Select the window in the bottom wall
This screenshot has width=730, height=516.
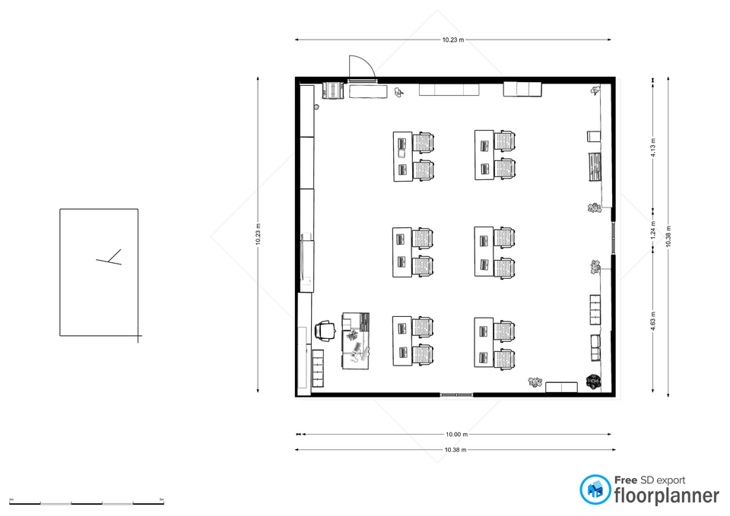pyautogui.click(x=456, y=394)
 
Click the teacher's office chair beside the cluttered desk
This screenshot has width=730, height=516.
pyautogui.click(x=325, y=331)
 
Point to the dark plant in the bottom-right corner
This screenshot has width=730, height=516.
pyautogui.click(x=593, y=381)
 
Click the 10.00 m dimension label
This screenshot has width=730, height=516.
pyautogui.click(x=456, y=435)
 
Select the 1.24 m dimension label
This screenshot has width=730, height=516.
pyautogui.click(x=653, y=236)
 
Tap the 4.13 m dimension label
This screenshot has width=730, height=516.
pyautogui.click(x=653, y=150)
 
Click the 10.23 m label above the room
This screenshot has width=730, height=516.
pyautogui.click(x=454, y=40)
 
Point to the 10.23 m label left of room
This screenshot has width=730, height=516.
pyautogui.click(x=259, y=236)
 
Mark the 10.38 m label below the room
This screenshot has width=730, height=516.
pyautogui.click(x=456, y=450)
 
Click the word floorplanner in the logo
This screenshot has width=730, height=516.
pyautogui.click(x=666, y=496)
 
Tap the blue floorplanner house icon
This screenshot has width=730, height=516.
pyautogui.click(x=595, y=490)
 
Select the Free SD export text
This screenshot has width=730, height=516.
pyautogui.click(x=649, y=480)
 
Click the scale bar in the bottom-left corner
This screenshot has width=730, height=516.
pyautogui.click(x=87, y=502)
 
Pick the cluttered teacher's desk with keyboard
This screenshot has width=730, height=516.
pyautogui.click(x=355, y=340)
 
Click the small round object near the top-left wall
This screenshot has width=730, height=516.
pyautogui.click(x=316, y=107)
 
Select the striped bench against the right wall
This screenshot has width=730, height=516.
pyautogui.click(x=594, y=166)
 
